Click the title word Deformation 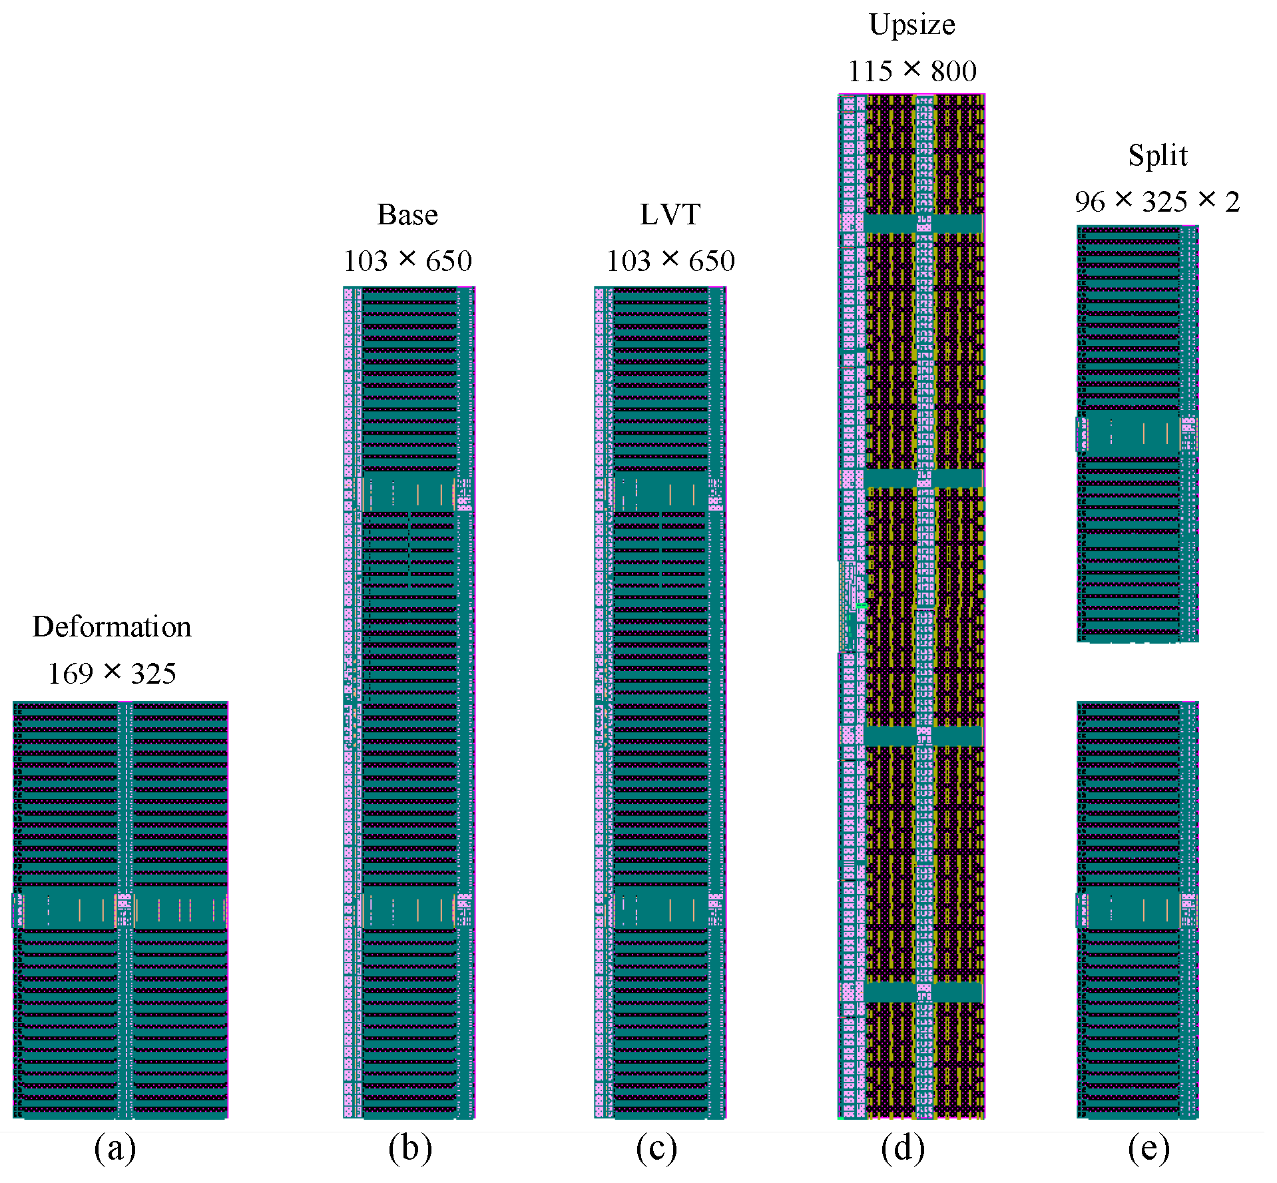click(112, 626)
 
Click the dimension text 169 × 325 click(112, 673)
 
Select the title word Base click(407, 214)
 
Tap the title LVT click(670, 214)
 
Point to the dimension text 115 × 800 click(911, 71)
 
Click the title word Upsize click(911, 25)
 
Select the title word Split click(1157, 155)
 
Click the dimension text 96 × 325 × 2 click(1157, 201)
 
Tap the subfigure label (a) click(115, 1148)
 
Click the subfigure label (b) click(410, 1148)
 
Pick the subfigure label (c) click(656, 1148)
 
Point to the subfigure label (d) click(903, 1148)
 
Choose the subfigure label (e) click(1149, 1148)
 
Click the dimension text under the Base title click(407, 260)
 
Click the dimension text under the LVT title click(670, 260)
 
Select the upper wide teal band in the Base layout click(407, 493)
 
